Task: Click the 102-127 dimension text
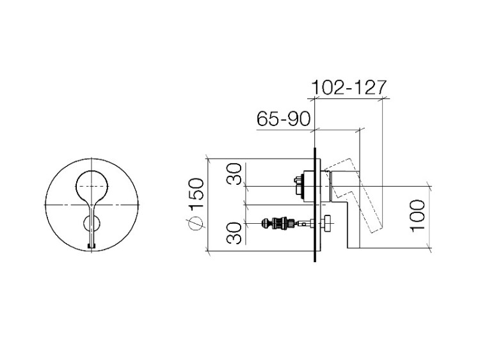pyautogui.click(x=349, y=88)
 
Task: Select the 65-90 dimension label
pyautogui.click(x=284, y=119)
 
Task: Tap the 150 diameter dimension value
pyautogui.click(x=196, y=194)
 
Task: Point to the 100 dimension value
pyautogui.click(x=417, y=216)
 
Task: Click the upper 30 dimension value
pyautogui.click(x=234, y=174)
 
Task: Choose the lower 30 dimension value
pyautogui.click(x=234, y=233)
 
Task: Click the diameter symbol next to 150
pyautogui.click(x=196, y=223)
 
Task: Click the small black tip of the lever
pyautogui.click(x=92, y=246)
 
